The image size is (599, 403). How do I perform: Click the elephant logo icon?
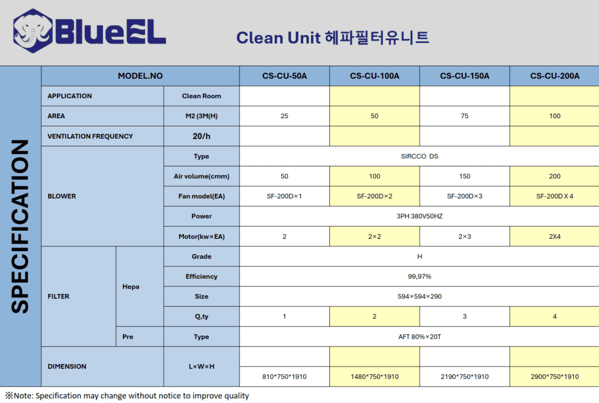click(33, 31)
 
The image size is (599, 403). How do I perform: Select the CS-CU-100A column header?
click(374, 76)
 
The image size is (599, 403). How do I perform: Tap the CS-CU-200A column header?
click(555, 76)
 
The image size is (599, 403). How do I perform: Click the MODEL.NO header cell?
click(140, 76)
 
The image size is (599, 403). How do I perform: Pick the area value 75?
click(465, 116)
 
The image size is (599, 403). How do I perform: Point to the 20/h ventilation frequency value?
click(201, 136)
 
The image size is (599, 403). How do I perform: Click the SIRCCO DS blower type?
click(420, 156)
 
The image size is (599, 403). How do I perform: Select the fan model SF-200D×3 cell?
click(465, 196)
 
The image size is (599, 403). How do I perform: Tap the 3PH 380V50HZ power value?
click(420, 216)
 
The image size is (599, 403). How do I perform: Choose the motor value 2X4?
click(555, 237)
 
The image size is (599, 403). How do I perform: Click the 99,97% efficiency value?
click(420, 277)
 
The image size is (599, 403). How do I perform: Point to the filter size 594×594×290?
click(420, 296)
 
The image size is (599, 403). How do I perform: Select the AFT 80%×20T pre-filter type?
click(420, 337)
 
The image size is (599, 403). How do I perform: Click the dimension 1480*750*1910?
click(374, 376)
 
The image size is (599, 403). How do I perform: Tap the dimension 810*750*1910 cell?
click(284, 376)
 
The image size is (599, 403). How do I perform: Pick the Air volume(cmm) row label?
click(201, 176)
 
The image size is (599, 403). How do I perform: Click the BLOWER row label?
click(62, 196)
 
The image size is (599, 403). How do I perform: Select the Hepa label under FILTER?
click(131, 287)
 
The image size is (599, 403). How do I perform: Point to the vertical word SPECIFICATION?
click(20, 227)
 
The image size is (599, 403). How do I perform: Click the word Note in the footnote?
click(23, 396)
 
